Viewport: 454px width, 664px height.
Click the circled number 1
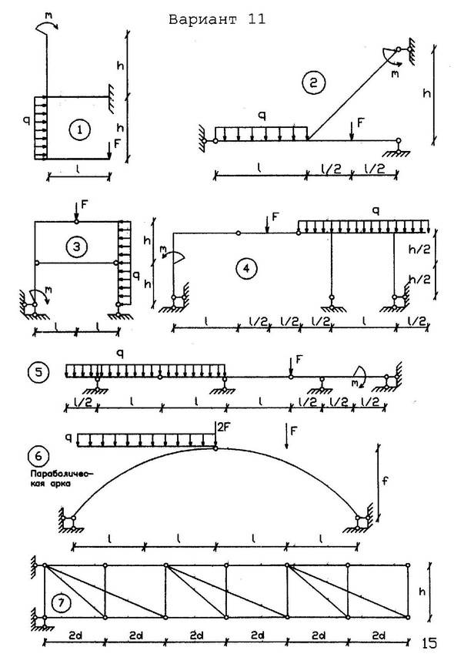(x=79, y=129)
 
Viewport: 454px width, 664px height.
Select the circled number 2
(x=313, y=82)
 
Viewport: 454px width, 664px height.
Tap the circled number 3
(x=77, y=246)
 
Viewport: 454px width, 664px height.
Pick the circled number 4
(x=247, y=269)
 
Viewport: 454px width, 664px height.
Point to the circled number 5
(x=38, y=373)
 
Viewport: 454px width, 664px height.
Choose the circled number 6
(x=38, y=456)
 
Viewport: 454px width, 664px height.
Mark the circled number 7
(x=62, y=603)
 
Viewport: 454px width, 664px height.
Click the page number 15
(x=429, y=643)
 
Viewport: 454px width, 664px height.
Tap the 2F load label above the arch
(x=223, y=428)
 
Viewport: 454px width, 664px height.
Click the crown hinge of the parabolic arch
(x=215, y=448)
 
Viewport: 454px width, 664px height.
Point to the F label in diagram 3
(x=84, y=205)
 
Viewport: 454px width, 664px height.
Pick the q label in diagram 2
(x=262, y=116)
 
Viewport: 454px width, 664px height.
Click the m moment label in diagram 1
(x=49, y=15)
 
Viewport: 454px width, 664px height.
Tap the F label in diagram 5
(x=299, y=360)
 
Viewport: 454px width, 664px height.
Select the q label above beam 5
(x=120, y=354)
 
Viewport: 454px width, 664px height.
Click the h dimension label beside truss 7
(x=422, y=592)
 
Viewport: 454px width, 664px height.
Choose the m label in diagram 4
(x=163, y=252)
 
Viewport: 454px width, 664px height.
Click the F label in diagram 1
(x=117, y=143)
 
